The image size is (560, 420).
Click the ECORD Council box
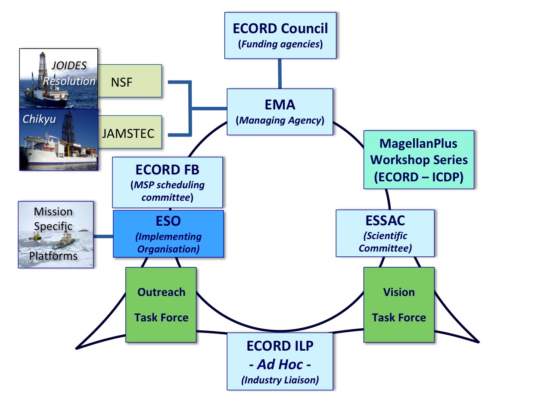280,35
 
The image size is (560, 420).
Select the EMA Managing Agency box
280,112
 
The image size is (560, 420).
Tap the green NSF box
130,81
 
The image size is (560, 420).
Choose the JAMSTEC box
130,132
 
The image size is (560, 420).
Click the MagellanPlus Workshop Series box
419,160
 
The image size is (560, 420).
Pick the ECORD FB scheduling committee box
168,182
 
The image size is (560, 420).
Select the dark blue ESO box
168,234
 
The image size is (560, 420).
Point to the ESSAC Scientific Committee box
385,233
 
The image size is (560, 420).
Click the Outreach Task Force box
161,305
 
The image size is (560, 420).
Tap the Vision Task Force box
399,305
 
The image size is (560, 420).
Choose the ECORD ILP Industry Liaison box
280,361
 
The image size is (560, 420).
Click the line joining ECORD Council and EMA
280,74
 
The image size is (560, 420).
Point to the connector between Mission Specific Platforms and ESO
103,236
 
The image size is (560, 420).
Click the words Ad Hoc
280,364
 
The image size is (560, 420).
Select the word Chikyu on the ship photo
39,119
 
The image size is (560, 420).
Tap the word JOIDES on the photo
69,65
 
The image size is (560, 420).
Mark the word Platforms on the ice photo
53,256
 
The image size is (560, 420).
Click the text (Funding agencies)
280,44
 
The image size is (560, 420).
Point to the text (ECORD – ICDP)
419,177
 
